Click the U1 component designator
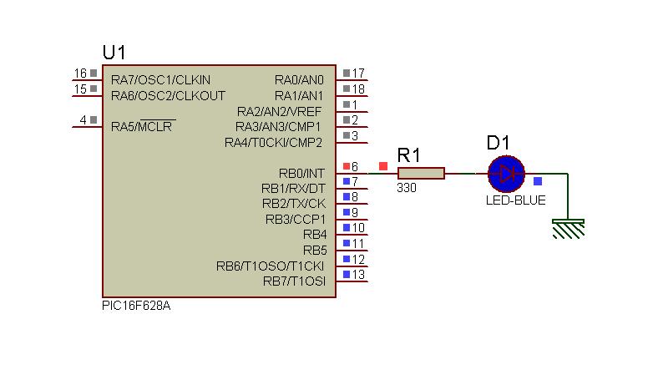pos(114,53)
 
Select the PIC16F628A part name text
pos(136,306)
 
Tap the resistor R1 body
pos(421,174)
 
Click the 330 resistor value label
pos(407,188)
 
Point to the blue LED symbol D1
pos(506,174)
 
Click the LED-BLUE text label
pos(515,200)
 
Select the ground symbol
pos(569,229)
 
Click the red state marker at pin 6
pos(346,167)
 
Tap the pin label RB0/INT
pos(301,174)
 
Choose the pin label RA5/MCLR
pos(142,126)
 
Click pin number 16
pos(80,73)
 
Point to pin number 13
pos(358,275)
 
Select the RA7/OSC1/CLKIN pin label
pos(161,80)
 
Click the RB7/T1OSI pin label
pos(294,281)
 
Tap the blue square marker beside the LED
pos(538,181)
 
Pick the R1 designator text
pos(409,155)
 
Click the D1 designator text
pos(498,143)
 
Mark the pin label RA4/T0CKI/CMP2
pos(273,143)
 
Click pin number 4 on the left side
pos(84,120)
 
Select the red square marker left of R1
pos(383,166)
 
